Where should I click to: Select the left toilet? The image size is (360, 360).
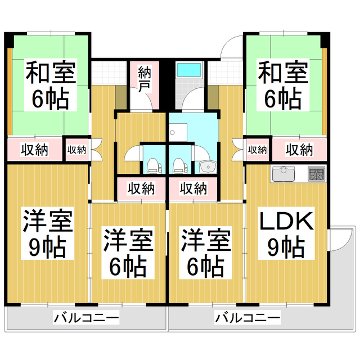[x=154, y=165]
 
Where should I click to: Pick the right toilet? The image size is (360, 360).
[x=179, y=165]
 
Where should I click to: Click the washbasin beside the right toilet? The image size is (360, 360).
[x=207, y=167]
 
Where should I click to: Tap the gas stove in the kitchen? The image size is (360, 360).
[x=316, y=174]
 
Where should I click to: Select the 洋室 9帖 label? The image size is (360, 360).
[x=48, y=234]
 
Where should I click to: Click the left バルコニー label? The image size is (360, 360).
[x=86, y=319]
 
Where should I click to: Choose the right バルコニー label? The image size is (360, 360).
[x=247, y=319]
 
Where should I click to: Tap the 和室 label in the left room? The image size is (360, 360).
[x=50, y=73]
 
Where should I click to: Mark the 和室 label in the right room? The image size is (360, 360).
[x=283, y=73]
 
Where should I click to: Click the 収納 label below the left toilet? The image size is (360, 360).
[x=141, y=188]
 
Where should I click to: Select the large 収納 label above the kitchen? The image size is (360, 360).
[x=299, y=150]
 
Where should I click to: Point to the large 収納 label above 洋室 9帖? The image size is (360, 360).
[x=35, y=150]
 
